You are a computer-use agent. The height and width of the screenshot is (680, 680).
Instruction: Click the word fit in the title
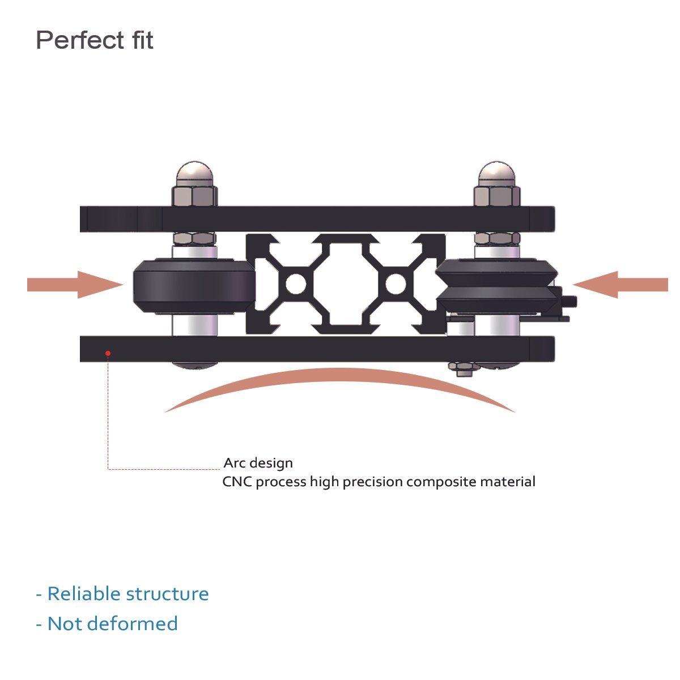pos(139,41)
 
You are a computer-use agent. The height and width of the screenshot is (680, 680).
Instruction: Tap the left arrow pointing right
pos(74,284)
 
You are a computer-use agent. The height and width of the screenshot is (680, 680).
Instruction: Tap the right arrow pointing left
pos(620,284)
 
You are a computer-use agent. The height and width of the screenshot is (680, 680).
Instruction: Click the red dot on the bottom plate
pos(108,353)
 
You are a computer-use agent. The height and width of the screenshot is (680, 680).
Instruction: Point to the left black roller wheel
pos(193,285)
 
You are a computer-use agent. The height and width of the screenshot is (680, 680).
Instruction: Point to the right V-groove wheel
pos(494,285)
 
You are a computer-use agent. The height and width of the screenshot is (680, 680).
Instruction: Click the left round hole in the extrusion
pos(295,283)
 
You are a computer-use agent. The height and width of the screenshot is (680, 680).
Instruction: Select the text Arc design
pos(258,463)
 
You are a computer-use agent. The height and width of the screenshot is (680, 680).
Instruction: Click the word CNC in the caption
pos(237,482)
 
